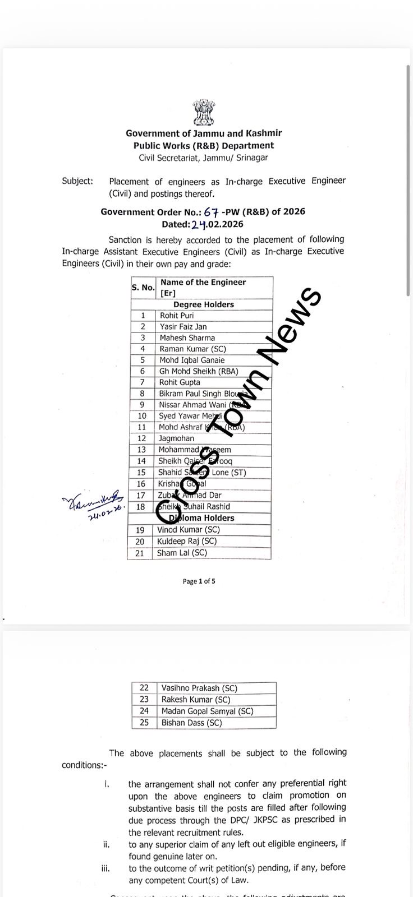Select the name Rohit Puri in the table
[x=177, y=316]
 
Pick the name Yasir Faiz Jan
[x=183, y=327]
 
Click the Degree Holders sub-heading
[x=204, y=304]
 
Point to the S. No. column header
[x=143, y=288]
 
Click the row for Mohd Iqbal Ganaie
[x=191, y=360]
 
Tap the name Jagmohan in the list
[x=176, y=438]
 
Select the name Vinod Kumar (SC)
[x=188, y=530]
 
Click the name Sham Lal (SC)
[x=182, y=553]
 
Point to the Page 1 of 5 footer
[x=199, y=581]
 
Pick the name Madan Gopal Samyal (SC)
[x=207, y=711]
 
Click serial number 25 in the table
[x=144, y=723]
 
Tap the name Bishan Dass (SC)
[x=191, y=723]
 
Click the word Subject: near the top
[x=77, y=181]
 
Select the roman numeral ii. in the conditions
[x=105, y=844]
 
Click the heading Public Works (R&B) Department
[x=204, y=146]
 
